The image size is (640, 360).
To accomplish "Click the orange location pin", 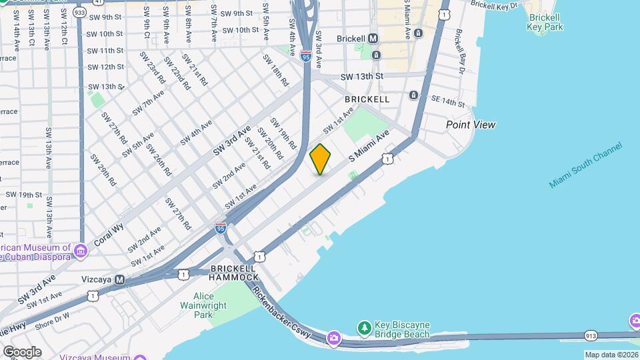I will [320, 159].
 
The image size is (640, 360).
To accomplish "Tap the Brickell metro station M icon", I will [373, 39].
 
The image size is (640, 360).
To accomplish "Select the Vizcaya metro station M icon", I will [120, 280].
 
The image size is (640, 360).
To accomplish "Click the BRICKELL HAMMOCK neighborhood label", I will [234, 272].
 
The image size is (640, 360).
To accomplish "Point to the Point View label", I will [471, 125].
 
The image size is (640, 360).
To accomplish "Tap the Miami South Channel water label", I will [585, 165].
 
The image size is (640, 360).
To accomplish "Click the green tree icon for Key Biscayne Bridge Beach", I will [364, 327].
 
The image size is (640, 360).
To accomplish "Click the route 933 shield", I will [80, 12].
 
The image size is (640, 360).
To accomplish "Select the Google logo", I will [22, 352].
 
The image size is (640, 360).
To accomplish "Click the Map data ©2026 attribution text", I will [611, 355].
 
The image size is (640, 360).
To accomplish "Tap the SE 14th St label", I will [447, 102].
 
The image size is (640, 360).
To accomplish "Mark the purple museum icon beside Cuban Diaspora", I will [81, 251].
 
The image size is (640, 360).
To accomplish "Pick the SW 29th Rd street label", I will [103, 170].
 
